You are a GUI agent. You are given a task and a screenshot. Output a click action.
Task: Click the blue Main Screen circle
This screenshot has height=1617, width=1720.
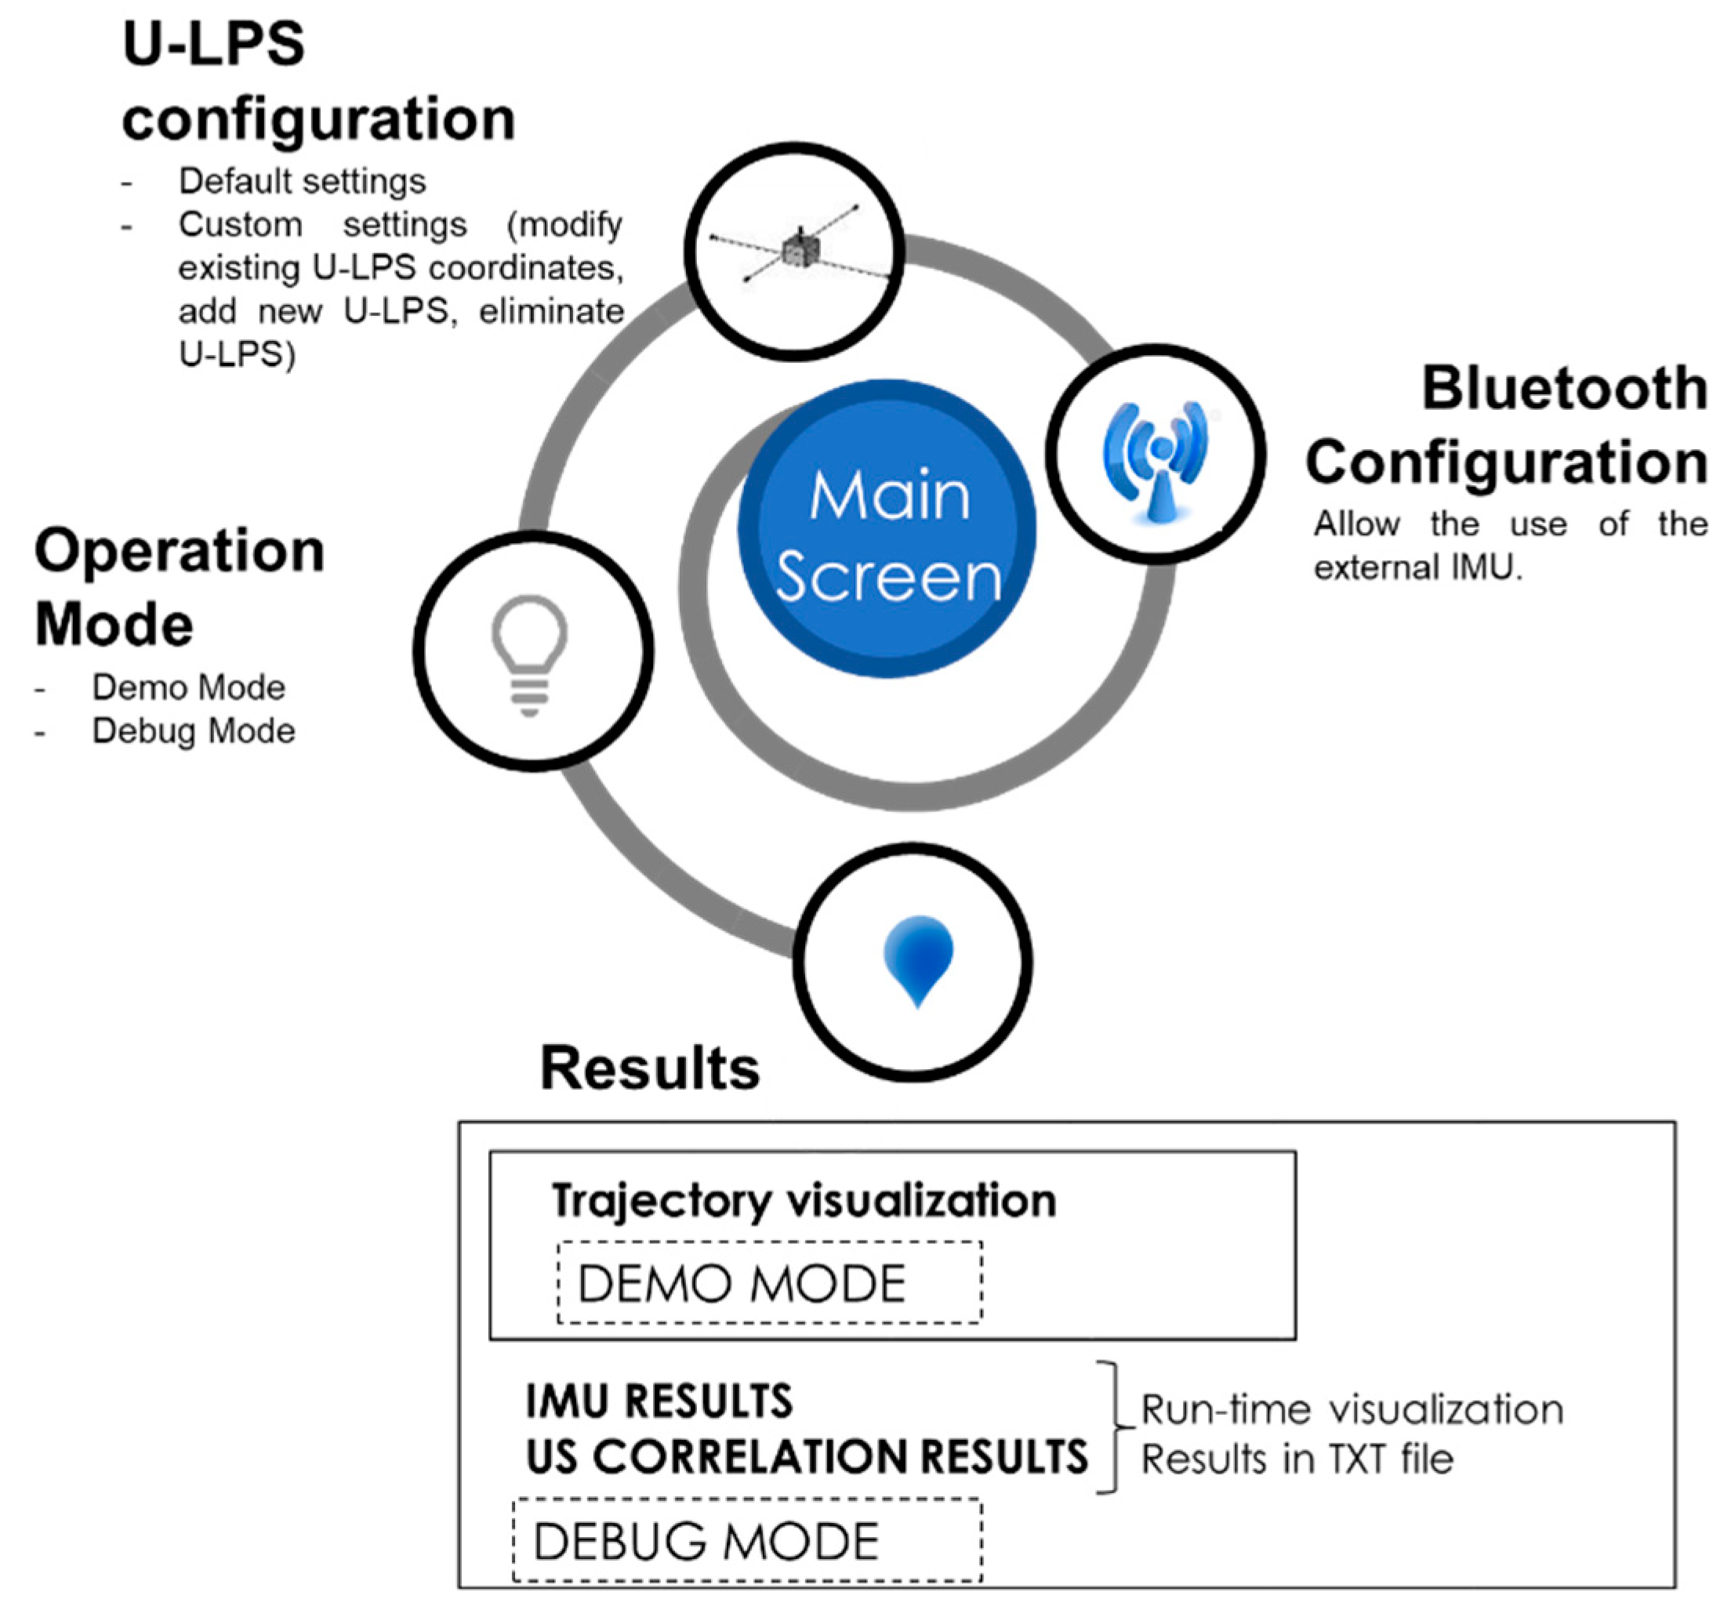click(887, 530)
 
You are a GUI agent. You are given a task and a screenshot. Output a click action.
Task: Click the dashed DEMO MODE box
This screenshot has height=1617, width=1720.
click(769, 1283)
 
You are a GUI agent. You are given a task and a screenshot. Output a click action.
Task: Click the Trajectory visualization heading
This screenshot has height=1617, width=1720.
click(804, 1201)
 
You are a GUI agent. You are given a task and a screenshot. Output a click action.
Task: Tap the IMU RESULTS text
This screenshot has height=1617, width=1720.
click(659, 1401)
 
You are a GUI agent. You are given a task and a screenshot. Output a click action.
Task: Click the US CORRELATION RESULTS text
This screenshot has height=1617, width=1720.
click(807, 1456)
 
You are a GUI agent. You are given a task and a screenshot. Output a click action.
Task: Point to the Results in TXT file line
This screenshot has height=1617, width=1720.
click(1297, 1459)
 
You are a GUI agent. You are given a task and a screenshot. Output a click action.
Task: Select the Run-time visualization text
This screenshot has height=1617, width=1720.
click(1352, 1409)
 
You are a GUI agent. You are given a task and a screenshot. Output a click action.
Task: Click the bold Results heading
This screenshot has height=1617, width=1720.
click(650, 1068)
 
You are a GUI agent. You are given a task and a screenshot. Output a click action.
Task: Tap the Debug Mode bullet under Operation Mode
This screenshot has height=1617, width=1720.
click(193, 731)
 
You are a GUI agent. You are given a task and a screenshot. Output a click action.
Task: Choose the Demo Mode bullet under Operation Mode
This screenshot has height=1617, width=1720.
click(189, 688)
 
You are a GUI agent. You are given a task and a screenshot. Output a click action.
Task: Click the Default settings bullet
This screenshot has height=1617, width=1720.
click(302, 182)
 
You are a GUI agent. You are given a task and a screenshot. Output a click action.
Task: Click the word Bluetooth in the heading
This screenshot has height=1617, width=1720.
click(1564, 388)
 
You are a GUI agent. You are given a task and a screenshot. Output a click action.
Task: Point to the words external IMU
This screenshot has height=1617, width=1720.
click(1417, 568)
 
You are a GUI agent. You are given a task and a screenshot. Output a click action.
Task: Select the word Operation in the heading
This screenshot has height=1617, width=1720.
click(179, 551)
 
